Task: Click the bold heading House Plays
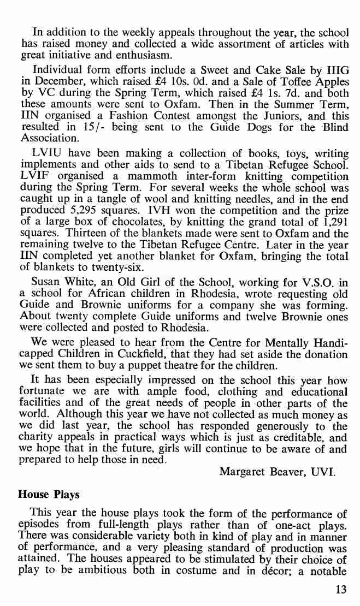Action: [x=49, y=495]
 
